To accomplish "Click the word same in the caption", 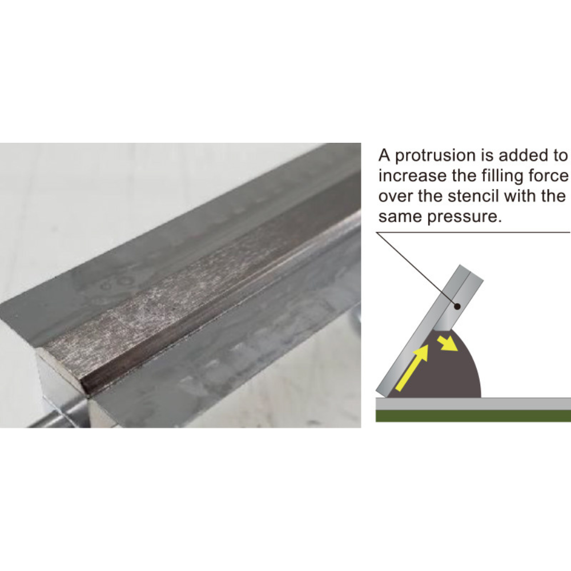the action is pyautogui.click(x=401, y=217).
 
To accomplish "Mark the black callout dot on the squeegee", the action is pyautogui.click(x=458, y=307).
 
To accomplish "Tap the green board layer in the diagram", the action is pyautogui.click(x=473, y=416).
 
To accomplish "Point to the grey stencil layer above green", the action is pyautogui.click(x=473, y=404).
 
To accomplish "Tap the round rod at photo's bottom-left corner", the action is pyautogui.click(x=58, y=416).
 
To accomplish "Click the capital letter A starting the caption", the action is pyautogui.click(x=384, y=155).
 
